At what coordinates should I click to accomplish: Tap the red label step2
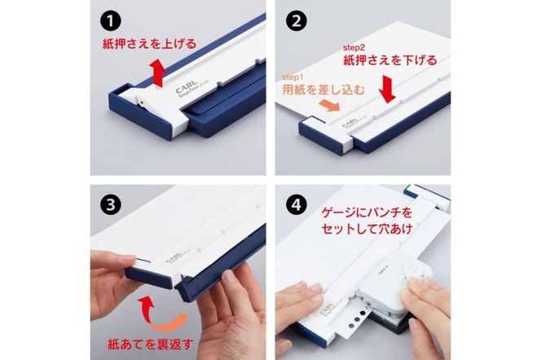click(x=358, y=47)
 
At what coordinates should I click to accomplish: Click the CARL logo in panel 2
click(x=347, y=122)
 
